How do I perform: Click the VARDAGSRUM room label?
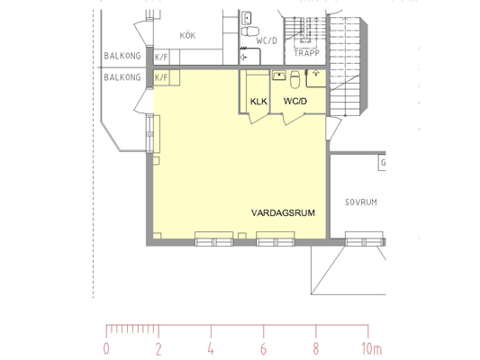click(x=283, y=213)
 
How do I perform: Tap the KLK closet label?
click(x=259, y=101)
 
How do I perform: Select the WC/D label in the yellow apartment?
click(x=295, y=101)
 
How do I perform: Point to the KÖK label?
click(x=187, y=35)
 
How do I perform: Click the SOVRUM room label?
click(x=361, y=202)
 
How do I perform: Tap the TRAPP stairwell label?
click(x=307, y=53)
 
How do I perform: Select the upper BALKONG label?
click(x=122, y=56)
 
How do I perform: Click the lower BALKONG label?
click(x=122, y=77)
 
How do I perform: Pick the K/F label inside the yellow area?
click(x=161, y=77)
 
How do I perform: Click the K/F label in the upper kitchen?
click(x=161, y=58)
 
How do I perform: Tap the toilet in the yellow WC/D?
click(x=294, y=79)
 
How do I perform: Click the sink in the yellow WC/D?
click(x=279, y=76)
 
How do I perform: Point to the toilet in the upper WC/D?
click(x=250, y=31)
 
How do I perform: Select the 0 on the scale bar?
click(x=106, y=348)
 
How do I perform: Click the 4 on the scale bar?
click(x=211, y=348)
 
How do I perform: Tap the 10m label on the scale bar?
click(x=372, y=348)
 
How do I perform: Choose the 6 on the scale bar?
click(x=263, y=348)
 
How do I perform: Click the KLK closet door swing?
click(x=258, y=119)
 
